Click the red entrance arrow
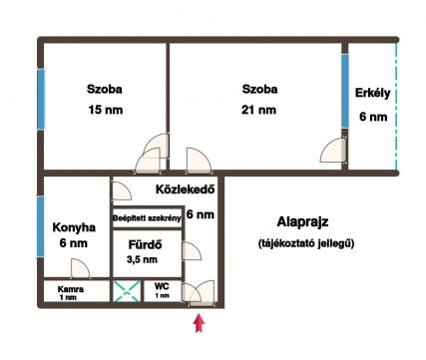pyautogui.click(x=199, y=323)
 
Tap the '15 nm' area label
pyautogui.click(x=106, y=110)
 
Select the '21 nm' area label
pyautogui.click(x=258, y=110)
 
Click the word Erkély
pyautogui.click(x=373, y=94)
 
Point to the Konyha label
pyautogui.click(x=74, y=227)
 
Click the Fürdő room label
pyautogui.click(x=146, y=245)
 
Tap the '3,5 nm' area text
pyautogui.click(x=142, y=259)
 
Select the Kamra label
pyautogui.click(x=71, y=289)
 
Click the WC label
pyautogui.click(x=162, y=286)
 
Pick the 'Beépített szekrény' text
pyautogui.click(x=147, y=218)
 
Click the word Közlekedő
pyautogui.click(x=186, y=189)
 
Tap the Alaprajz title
pyautogui.click(x=302, y=221)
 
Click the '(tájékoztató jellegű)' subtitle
pyautogui.click(x=306, y=243)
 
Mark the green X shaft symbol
pyautogui.click(x=127, y=291)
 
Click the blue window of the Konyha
pyautogui.click(x=40, y=226)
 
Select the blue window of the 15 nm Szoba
pyautogui.click(x=41, y=99)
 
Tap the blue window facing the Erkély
pyautogui.click(x=345, y=91)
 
